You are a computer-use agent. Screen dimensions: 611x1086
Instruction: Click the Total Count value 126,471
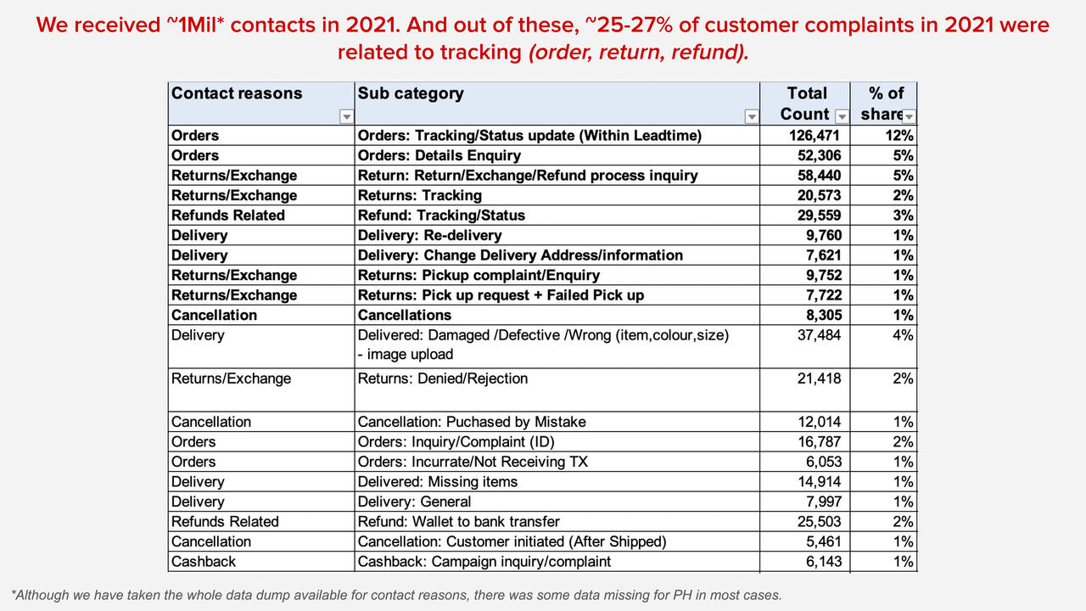(809, 136)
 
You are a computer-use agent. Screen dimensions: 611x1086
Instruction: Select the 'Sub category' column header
(411, 93)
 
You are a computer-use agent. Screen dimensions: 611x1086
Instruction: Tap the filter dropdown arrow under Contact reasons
(345, 116)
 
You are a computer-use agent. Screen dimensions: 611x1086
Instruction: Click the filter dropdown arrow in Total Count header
(842, 116)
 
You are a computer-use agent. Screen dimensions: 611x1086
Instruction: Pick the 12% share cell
(901, 136)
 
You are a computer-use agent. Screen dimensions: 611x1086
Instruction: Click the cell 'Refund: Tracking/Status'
(441, 216)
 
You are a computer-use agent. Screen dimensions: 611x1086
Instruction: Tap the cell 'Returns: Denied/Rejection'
(443, 378)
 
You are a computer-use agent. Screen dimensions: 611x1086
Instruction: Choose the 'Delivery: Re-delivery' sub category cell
(429, 235)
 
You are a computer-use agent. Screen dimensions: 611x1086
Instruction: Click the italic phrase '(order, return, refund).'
(639, 52)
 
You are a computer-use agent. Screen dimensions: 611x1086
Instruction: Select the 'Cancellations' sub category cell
(404, 315)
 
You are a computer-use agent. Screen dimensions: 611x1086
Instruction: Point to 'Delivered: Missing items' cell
(438, 482)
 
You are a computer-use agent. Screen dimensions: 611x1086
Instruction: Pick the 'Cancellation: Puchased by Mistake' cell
(472, 422)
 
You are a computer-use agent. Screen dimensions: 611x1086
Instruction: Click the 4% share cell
(904, 335)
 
